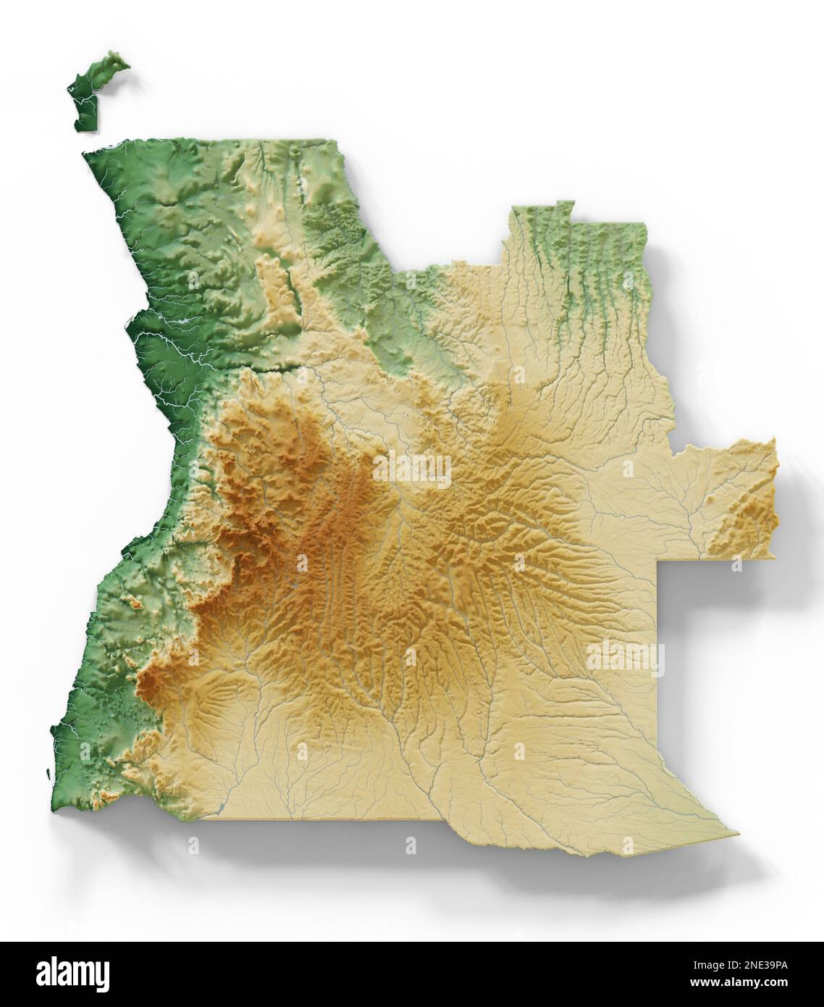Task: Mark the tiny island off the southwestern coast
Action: pyautogui.click(x=49, y=774)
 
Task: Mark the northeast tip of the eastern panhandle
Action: pyautogui.click(x=773, y=439)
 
